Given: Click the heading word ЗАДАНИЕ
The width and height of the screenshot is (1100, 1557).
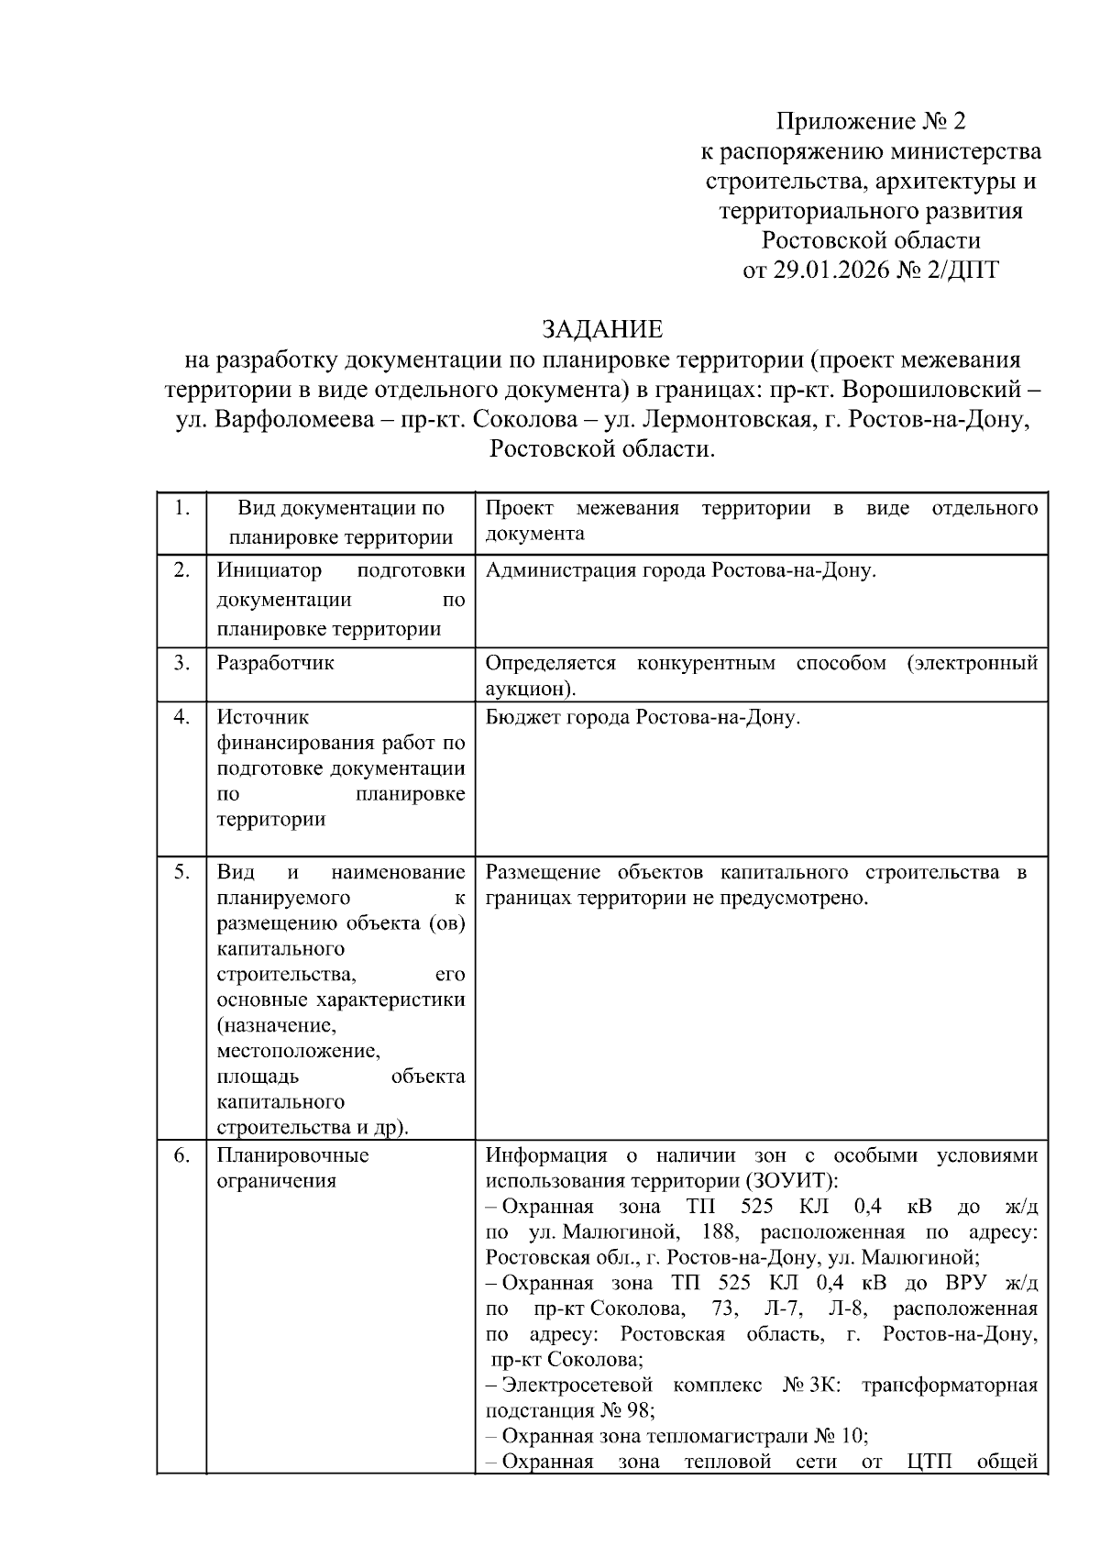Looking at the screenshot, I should click(601, 329).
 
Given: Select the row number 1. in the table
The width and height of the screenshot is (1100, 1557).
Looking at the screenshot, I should click(181, 508).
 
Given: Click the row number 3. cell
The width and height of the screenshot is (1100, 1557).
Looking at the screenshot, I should click(181, 662).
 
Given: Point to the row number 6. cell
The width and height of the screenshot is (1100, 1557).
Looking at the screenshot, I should click(181, 1155).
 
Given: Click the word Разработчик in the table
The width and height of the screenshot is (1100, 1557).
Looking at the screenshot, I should click(275, 662).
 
